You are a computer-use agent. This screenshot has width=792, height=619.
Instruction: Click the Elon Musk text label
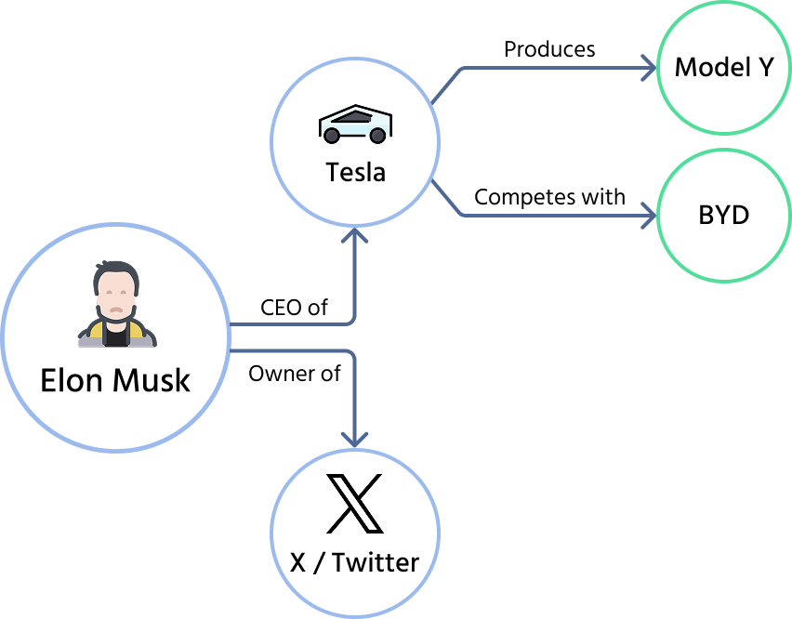[x=115, y=380]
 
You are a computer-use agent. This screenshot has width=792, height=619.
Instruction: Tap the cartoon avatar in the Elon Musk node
[x=116, y=306]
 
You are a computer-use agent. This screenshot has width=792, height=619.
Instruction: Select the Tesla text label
[x=355, y=172]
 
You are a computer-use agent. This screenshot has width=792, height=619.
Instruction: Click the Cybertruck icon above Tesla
[x=355, y=125]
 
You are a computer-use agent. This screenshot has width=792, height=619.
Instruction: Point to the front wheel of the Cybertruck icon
[x=332, y=136]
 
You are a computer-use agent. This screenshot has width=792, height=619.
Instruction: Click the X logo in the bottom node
[x=354, y=504]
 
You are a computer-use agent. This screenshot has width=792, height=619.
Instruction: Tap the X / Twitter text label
[x=354, y=562]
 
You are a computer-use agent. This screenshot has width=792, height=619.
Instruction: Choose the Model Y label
[x=724, y=67]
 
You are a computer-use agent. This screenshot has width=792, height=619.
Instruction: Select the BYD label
[x=724, y=215]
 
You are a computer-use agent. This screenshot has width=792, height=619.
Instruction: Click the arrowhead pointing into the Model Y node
[x=649, y=67]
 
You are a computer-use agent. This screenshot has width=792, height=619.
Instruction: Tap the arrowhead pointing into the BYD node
[x=649, y=216]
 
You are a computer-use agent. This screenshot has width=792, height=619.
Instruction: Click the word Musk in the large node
[x=151, y=380]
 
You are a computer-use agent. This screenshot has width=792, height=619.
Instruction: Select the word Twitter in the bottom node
[x=376, y=562]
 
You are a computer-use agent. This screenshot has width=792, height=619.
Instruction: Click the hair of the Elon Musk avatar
[x=116, y=275]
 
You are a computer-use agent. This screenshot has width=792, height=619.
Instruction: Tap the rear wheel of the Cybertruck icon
[x=377, y=136]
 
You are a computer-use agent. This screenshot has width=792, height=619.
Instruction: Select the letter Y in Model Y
[x=763, y=67]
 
